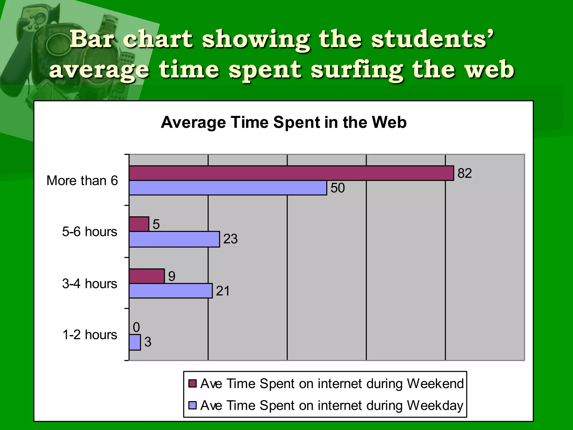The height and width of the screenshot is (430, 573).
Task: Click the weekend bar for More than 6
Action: tap(291, 173)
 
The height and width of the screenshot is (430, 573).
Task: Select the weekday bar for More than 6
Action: tap(228, 188)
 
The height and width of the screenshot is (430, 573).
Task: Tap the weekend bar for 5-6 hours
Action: tap(139, 224)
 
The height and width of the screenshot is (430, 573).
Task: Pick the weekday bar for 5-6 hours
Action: tap(174, 239)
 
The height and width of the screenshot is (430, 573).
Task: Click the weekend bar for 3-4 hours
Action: tap(147, 276)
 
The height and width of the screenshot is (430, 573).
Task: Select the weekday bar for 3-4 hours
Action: tap(171, 291)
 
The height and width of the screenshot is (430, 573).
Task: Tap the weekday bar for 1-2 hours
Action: tap(135, 342)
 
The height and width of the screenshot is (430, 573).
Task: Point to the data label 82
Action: tap(464, 173)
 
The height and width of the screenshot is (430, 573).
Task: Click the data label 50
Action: tap(338, 188)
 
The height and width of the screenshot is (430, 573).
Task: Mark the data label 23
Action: tap(230, 239)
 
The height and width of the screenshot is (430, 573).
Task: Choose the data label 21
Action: tap(223, 291)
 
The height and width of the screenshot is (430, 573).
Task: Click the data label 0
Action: tap(136, 327)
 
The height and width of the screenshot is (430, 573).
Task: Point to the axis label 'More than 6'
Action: tap(82, 181)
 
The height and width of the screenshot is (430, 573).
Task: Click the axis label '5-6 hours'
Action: tap(90, 232)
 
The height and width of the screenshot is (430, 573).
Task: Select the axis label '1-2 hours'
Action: tap(90, 335)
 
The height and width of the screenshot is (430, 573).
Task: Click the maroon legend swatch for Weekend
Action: tap(192, 384)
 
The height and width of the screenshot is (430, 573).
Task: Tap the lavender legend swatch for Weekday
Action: tap(192, 405)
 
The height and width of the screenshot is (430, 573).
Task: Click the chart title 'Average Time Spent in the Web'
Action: tap(283, 122)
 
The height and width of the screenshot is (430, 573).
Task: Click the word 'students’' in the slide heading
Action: tap(433, 39)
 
